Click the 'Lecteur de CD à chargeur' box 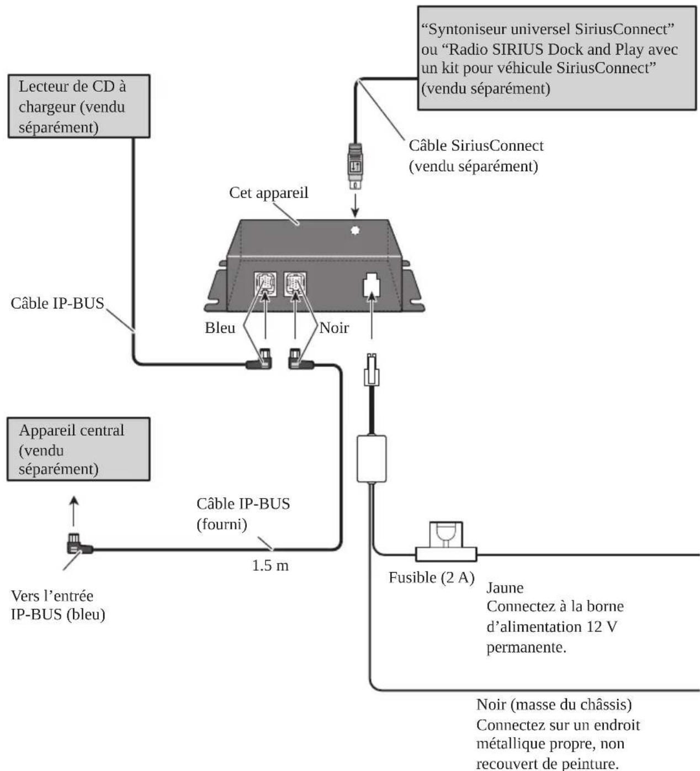pos(79,106)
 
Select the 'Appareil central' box pos(78,449)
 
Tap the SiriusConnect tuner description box pos(557,58)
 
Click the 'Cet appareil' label pos(268,193)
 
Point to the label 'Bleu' pos(220,328)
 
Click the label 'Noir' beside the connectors pos(334,328)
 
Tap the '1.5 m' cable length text pos(271,565)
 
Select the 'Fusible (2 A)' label pos(432,578)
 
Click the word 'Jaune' pos(505,588)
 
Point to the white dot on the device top pos(355,230)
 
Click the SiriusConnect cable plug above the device pos(355,166)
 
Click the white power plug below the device pos(372,370)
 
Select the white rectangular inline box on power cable pos(372,459)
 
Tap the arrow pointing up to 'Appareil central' pos(74,511)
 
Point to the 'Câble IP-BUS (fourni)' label pos(243,514)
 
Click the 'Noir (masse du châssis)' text pos(554,705)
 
